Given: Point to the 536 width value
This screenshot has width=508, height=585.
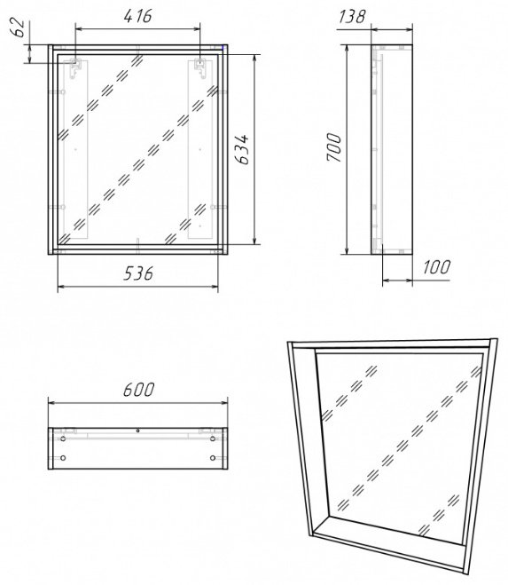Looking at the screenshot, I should [138, 274].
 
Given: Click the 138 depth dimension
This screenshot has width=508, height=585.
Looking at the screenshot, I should [353, 15].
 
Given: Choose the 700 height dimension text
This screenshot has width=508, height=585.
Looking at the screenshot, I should [334, 146].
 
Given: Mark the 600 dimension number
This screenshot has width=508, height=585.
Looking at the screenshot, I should [138, 391].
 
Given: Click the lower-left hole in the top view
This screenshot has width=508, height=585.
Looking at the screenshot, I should [63, 458].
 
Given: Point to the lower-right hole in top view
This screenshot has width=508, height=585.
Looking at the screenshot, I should [213, 458].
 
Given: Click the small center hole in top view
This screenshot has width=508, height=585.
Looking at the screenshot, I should [138, 431].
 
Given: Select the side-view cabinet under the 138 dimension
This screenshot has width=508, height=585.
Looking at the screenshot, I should [390, 146].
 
